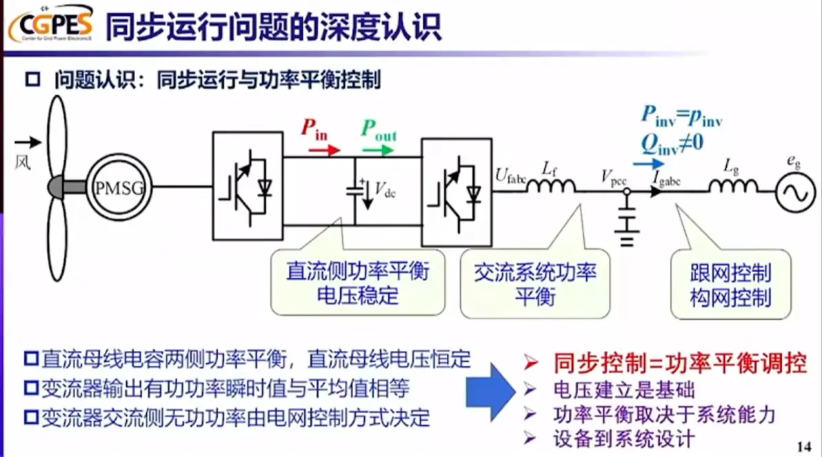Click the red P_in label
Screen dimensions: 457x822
coord(314,129)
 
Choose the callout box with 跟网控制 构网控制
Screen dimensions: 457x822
coord(730,284)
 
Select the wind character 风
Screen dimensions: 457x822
coord(23,163)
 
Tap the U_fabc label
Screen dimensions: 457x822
coord(511,175)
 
